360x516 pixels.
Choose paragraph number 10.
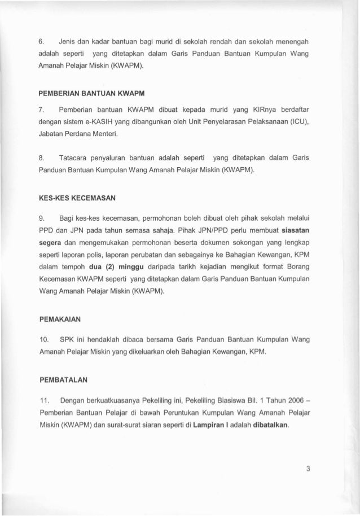pyautogui.click(x=43, y=339)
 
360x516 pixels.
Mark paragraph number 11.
pyautogui.click(x=43, y=399)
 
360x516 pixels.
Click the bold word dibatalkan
pyautogui.click(x=269, y=426)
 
